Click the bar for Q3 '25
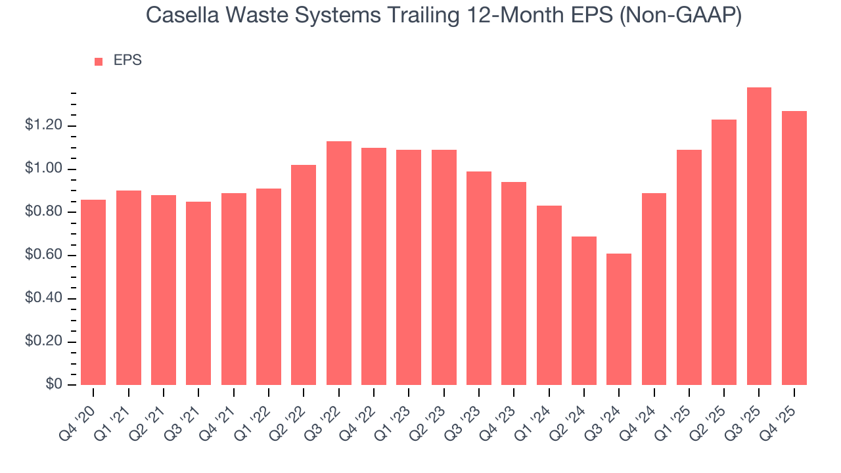[759, 236]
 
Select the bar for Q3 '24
[619, 319]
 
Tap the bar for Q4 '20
[93, 292]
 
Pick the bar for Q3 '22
[339, 263]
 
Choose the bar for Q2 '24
[584, 311]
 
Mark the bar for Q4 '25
[794, 248]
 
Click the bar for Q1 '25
[689, 267]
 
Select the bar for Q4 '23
[514, 283]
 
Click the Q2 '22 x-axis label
[292, 414]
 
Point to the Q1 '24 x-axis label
[537, 414]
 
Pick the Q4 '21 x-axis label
[221, 414]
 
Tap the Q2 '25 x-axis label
[712, 414]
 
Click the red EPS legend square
[99, 62]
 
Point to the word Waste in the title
[250, 16]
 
